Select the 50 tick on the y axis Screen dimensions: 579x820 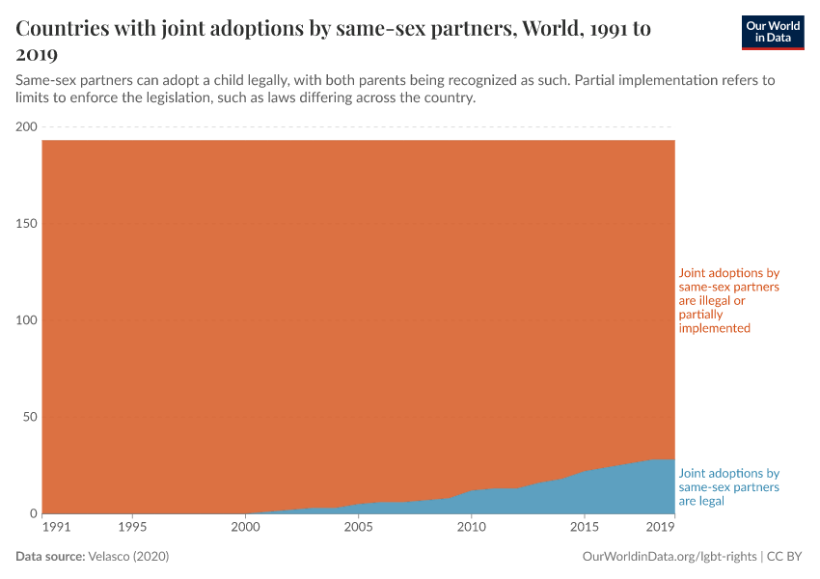(x=29, y=417)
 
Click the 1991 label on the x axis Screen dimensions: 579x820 (x=57, y=528)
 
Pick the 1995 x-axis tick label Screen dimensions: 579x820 (x=132, y=528)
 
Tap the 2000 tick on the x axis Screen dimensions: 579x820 (x=245, y=528)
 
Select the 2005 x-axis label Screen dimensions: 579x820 (x=358, y=528)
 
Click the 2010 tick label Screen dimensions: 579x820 (x=471, y=528)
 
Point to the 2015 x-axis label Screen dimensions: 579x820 (x=584, y=528)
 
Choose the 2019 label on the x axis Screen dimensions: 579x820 (x=660, y=528)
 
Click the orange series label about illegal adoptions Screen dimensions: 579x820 (x=728, y=300)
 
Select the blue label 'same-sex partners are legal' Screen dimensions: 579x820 (x=728, y=487)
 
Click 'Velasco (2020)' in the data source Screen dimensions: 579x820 (x=128, y=557)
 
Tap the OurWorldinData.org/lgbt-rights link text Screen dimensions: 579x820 (x=670, y=557)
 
